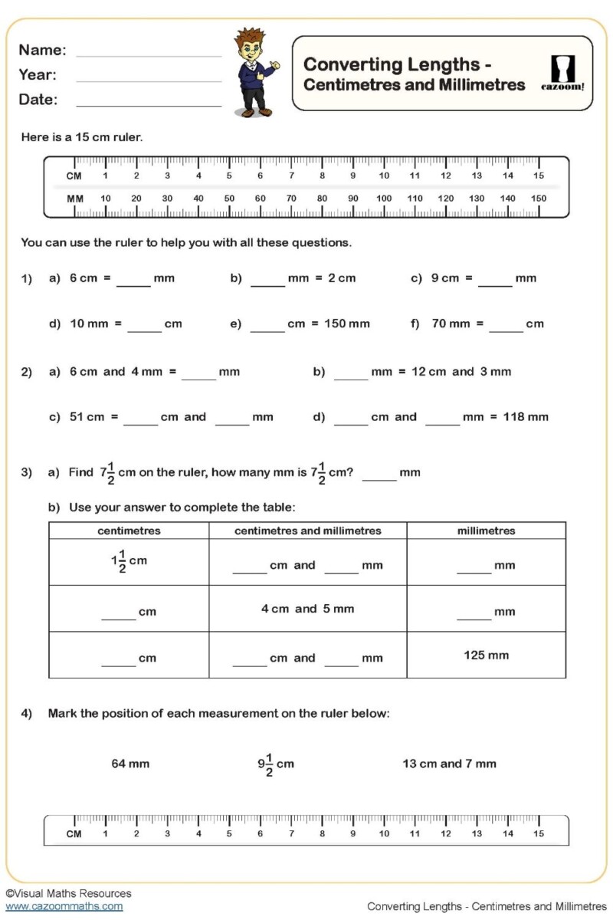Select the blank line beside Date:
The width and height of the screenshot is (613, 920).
click(149, 105)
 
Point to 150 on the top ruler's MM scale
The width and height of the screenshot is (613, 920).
click(539, 198)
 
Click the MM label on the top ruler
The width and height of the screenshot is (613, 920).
click(75, 198)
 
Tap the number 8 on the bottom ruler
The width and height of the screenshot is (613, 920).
click(322, 833)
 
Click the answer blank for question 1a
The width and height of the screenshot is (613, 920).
click(133, 285)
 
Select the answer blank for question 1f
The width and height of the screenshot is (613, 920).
click(506, 330)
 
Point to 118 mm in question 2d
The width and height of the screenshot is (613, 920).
click(526, 417)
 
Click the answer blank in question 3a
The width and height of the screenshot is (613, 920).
click(379, 479)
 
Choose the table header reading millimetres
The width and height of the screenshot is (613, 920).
click(486, 531)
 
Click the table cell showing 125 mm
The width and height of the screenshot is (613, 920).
click(486, 655)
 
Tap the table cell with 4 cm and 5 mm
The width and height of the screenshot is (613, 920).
click(307, 609)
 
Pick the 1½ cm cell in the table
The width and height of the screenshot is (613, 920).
click(129, 562)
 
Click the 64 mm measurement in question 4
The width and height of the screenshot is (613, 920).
click(130, 764)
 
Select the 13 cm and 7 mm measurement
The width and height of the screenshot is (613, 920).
click(449, 764)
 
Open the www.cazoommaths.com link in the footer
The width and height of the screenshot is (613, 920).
click(64, 906)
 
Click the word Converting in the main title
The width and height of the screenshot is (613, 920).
click(353, 64)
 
